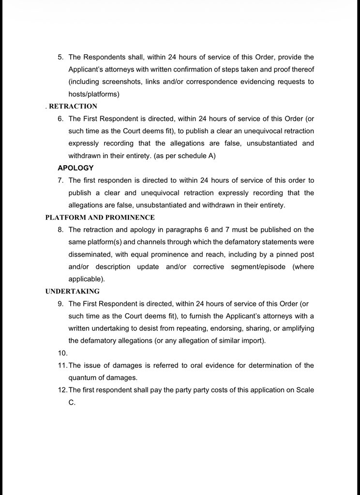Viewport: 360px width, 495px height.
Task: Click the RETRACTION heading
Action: tap(73, 106)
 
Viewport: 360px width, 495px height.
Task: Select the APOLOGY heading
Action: tap(75, 168)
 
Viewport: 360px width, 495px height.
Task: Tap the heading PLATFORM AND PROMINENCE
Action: tap(100, 218)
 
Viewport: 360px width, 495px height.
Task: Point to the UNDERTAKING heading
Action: tap(73, 291)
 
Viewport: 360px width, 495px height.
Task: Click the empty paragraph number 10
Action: tap(62, 353)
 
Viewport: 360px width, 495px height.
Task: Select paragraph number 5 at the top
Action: tap(60, 57)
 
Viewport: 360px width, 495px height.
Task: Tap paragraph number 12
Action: tap(62, 390)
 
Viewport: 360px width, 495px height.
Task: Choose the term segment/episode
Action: tap(258, 267)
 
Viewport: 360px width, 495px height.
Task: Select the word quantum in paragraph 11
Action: tap(83, 378)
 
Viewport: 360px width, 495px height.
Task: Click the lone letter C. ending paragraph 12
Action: tap(72, 402)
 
